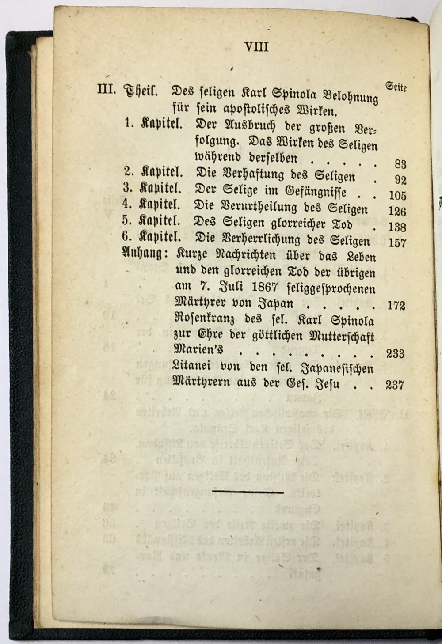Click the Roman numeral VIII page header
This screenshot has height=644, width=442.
click(256, 47)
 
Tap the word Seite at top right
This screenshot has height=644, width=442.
click(396, 87)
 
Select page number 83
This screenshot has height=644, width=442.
click(400, 164)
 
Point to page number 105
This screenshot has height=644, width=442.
click(397, 196)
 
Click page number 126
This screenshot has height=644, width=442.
click(397, 211)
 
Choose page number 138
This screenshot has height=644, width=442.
click(397, 227)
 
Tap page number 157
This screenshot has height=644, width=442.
click(396, 242)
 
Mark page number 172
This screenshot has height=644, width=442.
click(396, 306)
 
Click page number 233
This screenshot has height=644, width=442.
click(395, 353)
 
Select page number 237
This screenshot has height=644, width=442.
click(395, 385)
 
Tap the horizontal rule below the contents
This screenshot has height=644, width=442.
click(248, 491)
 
